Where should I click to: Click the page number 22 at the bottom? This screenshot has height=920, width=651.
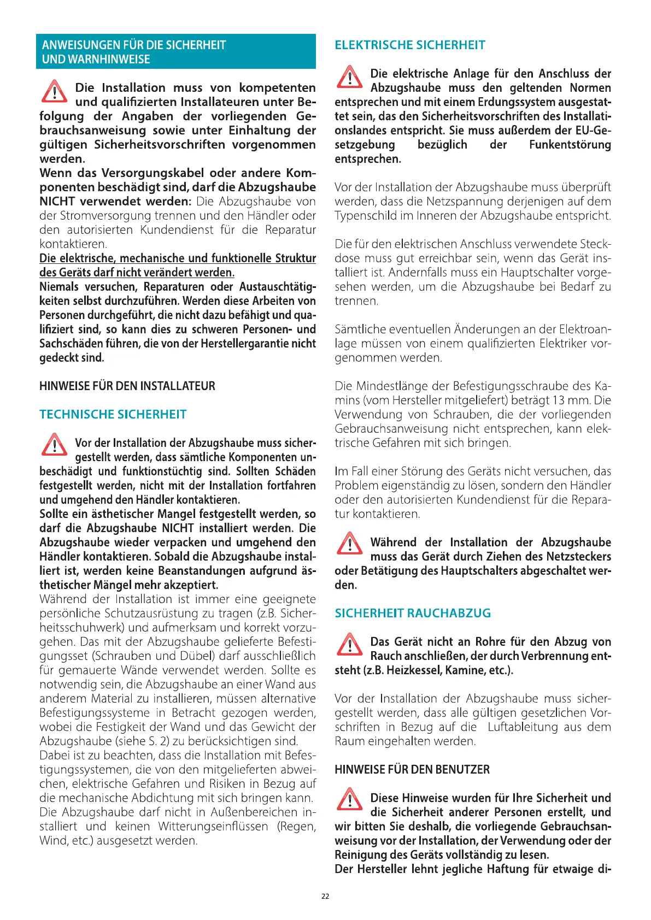325,896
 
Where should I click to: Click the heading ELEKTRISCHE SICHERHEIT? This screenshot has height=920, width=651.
410,45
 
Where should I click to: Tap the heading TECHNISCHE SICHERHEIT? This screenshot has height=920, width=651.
113,415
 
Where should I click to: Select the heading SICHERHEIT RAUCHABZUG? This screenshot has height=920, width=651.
413,614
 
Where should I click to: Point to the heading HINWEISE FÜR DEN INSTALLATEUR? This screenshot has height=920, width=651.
127,386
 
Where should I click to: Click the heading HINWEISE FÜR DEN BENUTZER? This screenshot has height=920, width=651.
412,770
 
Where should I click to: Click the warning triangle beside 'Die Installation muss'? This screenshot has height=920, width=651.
54,92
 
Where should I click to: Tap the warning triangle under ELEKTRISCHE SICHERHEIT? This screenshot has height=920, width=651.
349,77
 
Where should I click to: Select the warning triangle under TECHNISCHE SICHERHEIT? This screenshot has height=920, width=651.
54,445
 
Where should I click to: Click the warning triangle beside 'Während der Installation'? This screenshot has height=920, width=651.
349,544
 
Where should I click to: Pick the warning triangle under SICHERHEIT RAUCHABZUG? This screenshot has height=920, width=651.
349,645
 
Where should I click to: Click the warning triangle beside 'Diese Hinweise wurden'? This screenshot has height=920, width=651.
349,799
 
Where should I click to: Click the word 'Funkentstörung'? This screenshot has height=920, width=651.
570,145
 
